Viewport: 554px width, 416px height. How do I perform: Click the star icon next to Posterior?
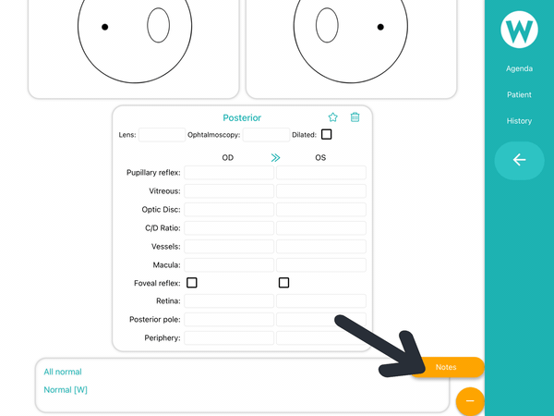click(332, 117)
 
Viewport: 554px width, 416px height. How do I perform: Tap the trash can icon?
click(355, 117)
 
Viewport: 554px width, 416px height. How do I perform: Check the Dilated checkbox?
click(327, 134)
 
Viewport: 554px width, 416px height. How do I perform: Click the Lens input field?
click(162, 135)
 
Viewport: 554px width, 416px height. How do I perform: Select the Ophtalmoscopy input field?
click(266, 135)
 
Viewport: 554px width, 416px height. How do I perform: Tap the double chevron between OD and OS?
click(275, 157)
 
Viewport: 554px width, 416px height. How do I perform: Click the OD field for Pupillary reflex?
click(229, 173)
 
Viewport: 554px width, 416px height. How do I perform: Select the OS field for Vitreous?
click(321, 191)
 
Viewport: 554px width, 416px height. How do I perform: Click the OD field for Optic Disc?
click(229, 210)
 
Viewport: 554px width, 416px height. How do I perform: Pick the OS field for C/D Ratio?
click(321, 227)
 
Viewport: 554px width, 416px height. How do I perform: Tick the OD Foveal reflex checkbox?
click(192, 283)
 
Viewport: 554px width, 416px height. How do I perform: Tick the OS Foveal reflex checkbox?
click(283, 283)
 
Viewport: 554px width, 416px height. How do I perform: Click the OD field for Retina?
click(229, 301)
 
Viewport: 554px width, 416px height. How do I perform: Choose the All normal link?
click(63, 372)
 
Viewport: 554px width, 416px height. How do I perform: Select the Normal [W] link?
click(66, 390)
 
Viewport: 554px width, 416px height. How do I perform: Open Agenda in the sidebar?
click(519, 68)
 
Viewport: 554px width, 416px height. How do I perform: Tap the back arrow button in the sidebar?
click(519, 160)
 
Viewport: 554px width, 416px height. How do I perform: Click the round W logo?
click(519, 30)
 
